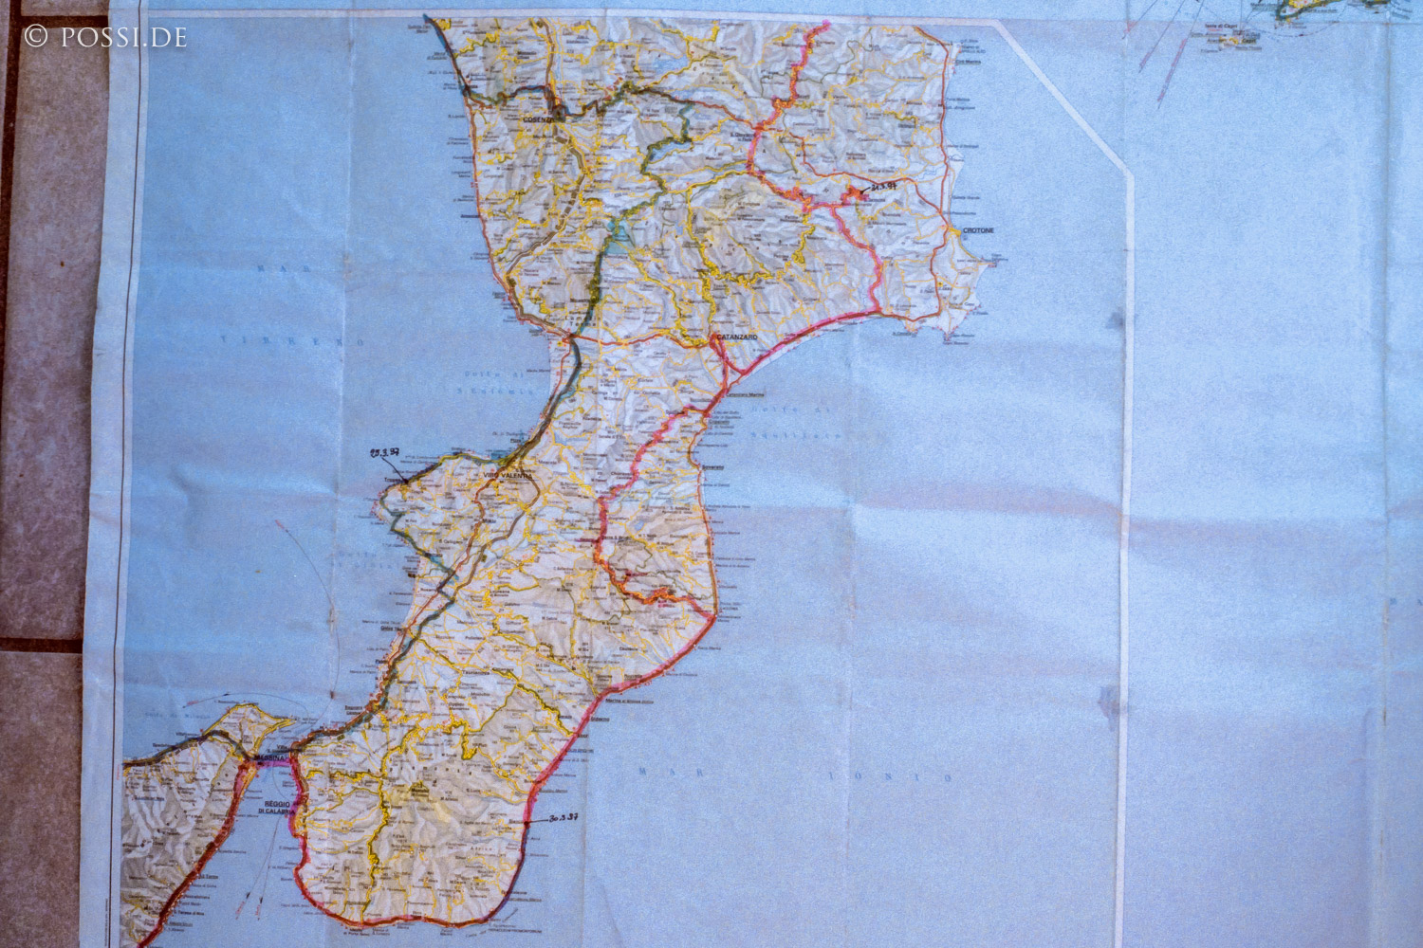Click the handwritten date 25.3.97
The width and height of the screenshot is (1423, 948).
tap(383, 453)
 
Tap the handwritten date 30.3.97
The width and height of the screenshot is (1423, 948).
tap(564, 817)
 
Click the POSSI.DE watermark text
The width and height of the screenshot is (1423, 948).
tap(104, 37)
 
